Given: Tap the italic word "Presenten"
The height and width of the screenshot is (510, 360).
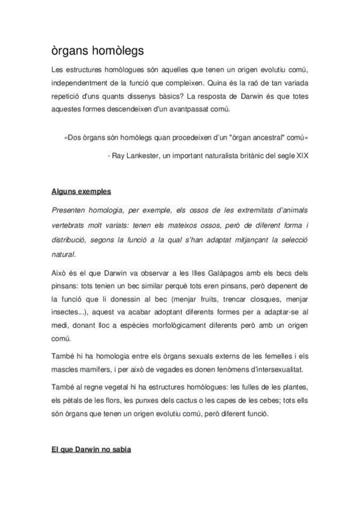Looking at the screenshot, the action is click(68, 210).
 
